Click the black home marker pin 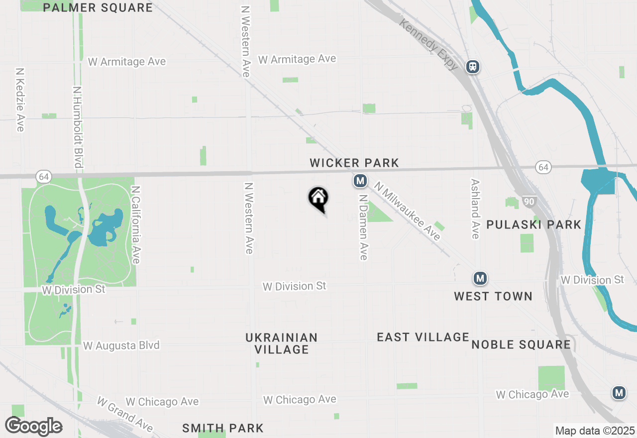tap(318, 199)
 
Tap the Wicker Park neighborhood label tap(354, 163)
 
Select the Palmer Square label tap(98, 7)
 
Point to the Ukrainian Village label tap(282, 343)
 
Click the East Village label tap(423, 337)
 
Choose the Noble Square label tap(521, 344)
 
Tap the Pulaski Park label tap(534, 224)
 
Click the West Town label tap(493, 296)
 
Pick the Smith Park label tap(223, 428)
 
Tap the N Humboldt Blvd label tap(77, 127)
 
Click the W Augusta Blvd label tap(121, 345)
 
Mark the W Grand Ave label tap(125, 414)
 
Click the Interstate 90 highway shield tap(529, 202)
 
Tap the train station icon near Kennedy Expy tap(473, 66)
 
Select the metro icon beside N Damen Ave tap(360, 181)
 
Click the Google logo tap(33, 426)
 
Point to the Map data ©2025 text tap(595, 431)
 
